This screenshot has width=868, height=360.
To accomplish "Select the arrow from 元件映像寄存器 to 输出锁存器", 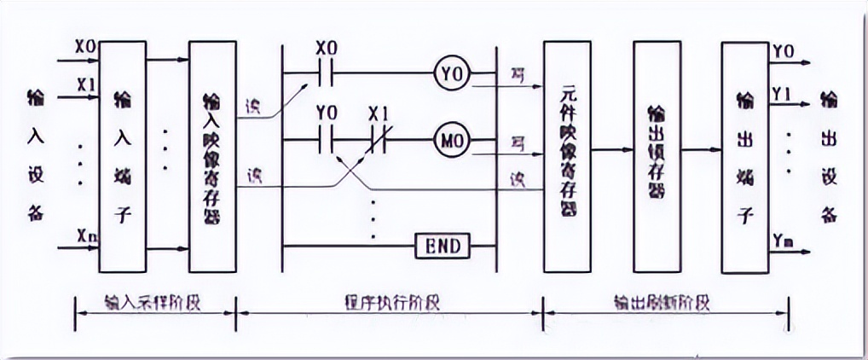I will pos(611,150).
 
